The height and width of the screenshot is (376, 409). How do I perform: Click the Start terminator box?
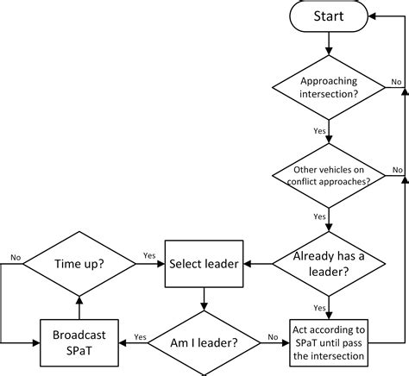click(x=329, y=17)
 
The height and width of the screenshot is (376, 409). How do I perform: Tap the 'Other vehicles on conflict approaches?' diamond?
click(x=329, y=175)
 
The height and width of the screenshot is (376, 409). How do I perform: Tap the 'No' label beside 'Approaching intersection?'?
click(x=396, y=81)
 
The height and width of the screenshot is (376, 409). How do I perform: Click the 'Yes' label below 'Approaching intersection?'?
click(x=318, y=132)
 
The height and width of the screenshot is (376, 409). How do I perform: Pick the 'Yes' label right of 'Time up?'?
click(x=148, y=254)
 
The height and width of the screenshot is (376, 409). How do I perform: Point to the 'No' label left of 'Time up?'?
click(x=16, y=254)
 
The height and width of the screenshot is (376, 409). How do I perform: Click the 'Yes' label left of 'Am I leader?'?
click(x=139, y=337)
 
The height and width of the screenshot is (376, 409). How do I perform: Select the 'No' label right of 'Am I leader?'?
click(x=273, y=337)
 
